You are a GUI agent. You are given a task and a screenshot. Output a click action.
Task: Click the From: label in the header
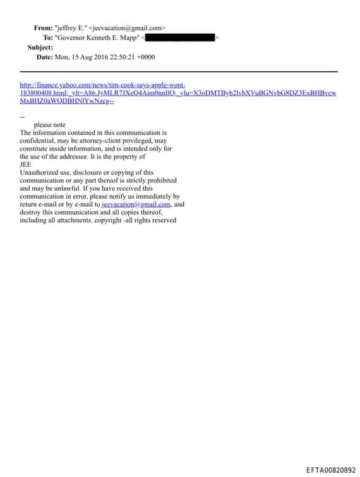click(x=43, y=27)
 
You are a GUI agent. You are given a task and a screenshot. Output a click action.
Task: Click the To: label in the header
click(x=48, y=37)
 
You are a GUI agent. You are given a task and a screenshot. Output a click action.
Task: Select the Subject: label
click(x=40, y=47)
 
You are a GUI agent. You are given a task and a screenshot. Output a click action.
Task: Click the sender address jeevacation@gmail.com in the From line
click(x=129, y=27)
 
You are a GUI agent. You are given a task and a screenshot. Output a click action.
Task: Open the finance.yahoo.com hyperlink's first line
click(x=103, y=84)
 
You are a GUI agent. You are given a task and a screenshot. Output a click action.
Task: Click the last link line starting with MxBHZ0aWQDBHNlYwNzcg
click(x=67, y=101)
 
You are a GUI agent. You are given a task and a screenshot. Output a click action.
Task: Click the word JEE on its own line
click(x=26, y=164)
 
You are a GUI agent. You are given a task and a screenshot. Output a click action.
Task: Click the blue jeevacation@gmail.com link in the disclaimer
click(x=136, y=204)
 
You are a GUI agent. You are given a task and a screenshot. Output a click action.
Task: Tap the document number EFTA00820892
click(x=330, y=470)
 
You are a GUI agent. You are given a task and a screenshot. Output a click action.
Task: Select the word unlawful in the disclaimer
click(x=59, y=189)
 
